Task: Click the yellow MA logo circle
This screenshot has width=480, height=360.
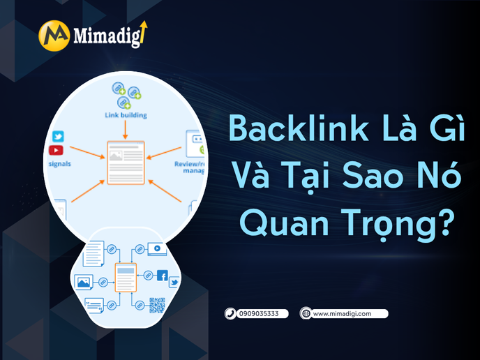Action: coord(54,35)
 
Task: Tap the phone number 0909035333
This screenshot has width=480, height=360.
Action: coord(262,314)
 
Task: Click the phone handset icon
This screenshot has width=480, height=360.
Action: coord(230,314)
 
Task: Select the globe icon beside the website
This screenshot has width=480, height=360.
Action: coord(306,314)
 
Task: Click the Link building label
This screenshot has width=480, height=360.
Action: coord(125,113)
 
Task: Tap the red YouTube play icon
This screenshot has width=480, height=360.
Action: coord(57,151)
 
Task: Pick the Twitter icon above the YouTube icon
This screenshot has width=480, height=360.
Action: coord(57,137)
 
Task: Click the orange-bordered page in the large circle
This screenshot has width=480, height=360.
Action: coord(125,162)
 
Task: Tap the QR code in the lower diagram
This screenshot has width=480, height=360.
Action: coord(156,305)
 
